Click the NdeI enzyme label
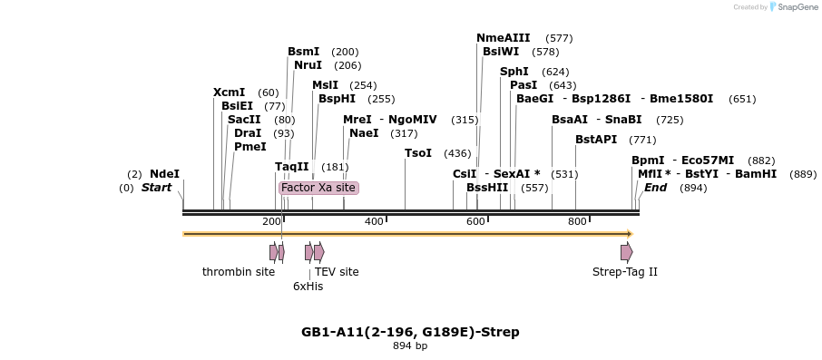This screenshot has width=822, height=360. [164, 174]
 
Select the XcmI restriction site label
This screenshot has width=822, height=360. [229, 92]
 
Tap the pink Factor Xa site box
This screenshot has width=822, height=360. [318, 188]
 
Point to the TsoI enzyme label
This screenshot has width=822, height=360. [418, 153]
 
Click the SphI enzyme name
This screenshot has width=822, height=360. [514, 72]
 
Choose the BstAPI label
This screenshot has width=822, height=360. [596, 140]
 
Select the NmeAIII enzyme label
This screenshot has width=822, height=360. [503, 38]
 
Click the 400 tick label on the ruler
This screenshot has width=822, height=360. [374, 222]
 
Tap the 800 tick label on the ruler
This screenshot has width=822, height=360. [577, 222]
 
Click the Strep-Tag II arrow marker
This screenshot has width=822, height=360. [626, 252]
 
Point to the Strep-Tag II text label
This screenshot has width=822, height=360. [624, 272]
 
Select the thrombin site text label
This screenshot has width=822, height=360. [238, 272]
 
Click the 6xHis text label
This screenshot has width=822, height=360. [308, 287]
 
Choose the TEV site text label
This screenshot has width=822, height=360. [337, 272]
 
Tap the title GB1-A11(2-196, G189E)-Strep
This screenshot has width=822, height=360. [410, 332]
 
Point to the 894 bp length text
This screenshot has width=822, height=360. [410, 346]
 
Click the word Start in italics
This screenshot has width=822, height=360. [156, 188]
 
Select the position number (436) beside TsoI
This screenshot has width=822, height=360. [457, 153]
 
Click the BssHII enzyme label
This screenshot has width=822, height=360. [487, 188]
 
